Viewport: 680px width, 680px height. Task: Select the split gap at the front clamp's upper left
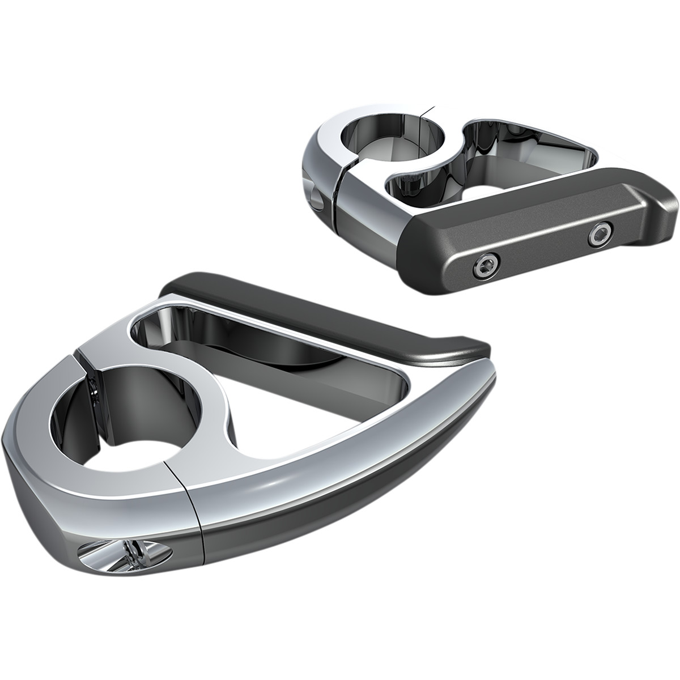tap(85, 368)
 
